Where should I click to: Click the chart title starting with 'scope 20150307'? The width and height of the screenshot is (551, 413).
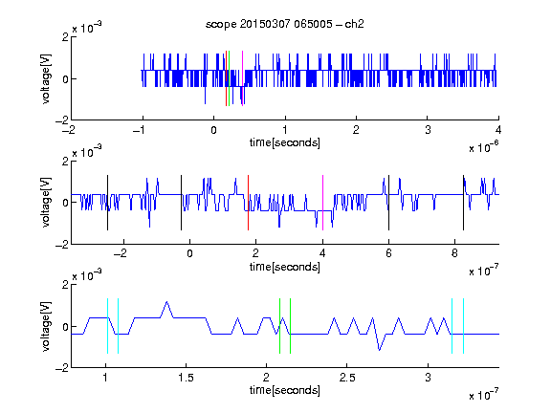coord(285,24)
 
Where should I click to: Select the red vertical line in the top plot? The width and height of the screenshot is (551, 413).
coord(226,78)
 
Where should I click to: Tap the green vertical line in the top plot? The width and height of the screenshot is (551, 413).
coord(230,78)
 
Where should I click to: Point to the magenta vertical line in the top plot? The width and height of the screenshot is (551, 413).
coord(242,78)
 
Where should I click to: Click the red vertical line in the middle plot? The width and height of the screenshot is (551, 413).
coord(248,203)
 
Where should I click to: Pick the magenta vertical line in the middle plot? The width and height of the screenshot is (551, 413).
coord(323,203)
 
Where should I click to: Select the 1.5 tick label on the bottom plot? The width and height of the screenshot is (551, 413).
coord(186,378)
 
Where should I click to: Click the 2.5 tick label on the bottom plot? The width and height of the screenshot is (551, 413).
coord(347,378)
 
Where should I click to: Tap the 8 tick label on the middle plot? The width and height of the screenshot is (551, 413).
coord(454,253)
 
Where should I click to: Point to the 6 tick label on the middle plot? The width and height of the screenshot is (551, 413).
coord(388,253)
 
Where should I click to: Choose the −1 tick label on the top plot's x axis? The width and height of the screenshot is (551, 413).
coord(139,130)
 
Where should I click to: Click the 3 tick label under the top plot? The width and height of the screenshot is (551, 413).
coord(428,130)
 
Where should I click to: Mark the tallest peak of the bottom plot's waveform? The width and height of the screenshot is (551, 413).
coord(166,302)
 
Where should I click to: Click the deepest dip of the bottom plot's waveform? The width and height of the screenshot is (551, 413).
coord(379,350)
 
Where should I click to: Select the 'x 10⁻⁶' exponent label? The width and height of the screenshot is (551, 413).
coord(484,147)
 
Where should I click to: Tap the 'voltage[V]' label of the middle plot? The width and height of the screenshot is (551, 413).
coord(46,203)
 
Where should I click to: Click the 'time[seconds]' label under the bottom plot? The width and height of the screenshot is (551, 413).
coord(285,390)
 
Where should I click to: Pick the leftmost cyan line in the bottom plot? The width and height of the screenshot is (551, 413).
coord(107,326)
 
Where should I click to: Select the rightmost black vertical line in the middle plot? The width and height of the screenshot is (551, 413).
coord(464,203)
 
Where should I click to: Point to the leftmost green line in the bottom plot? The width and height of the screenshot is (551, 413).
coord(279,326)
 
